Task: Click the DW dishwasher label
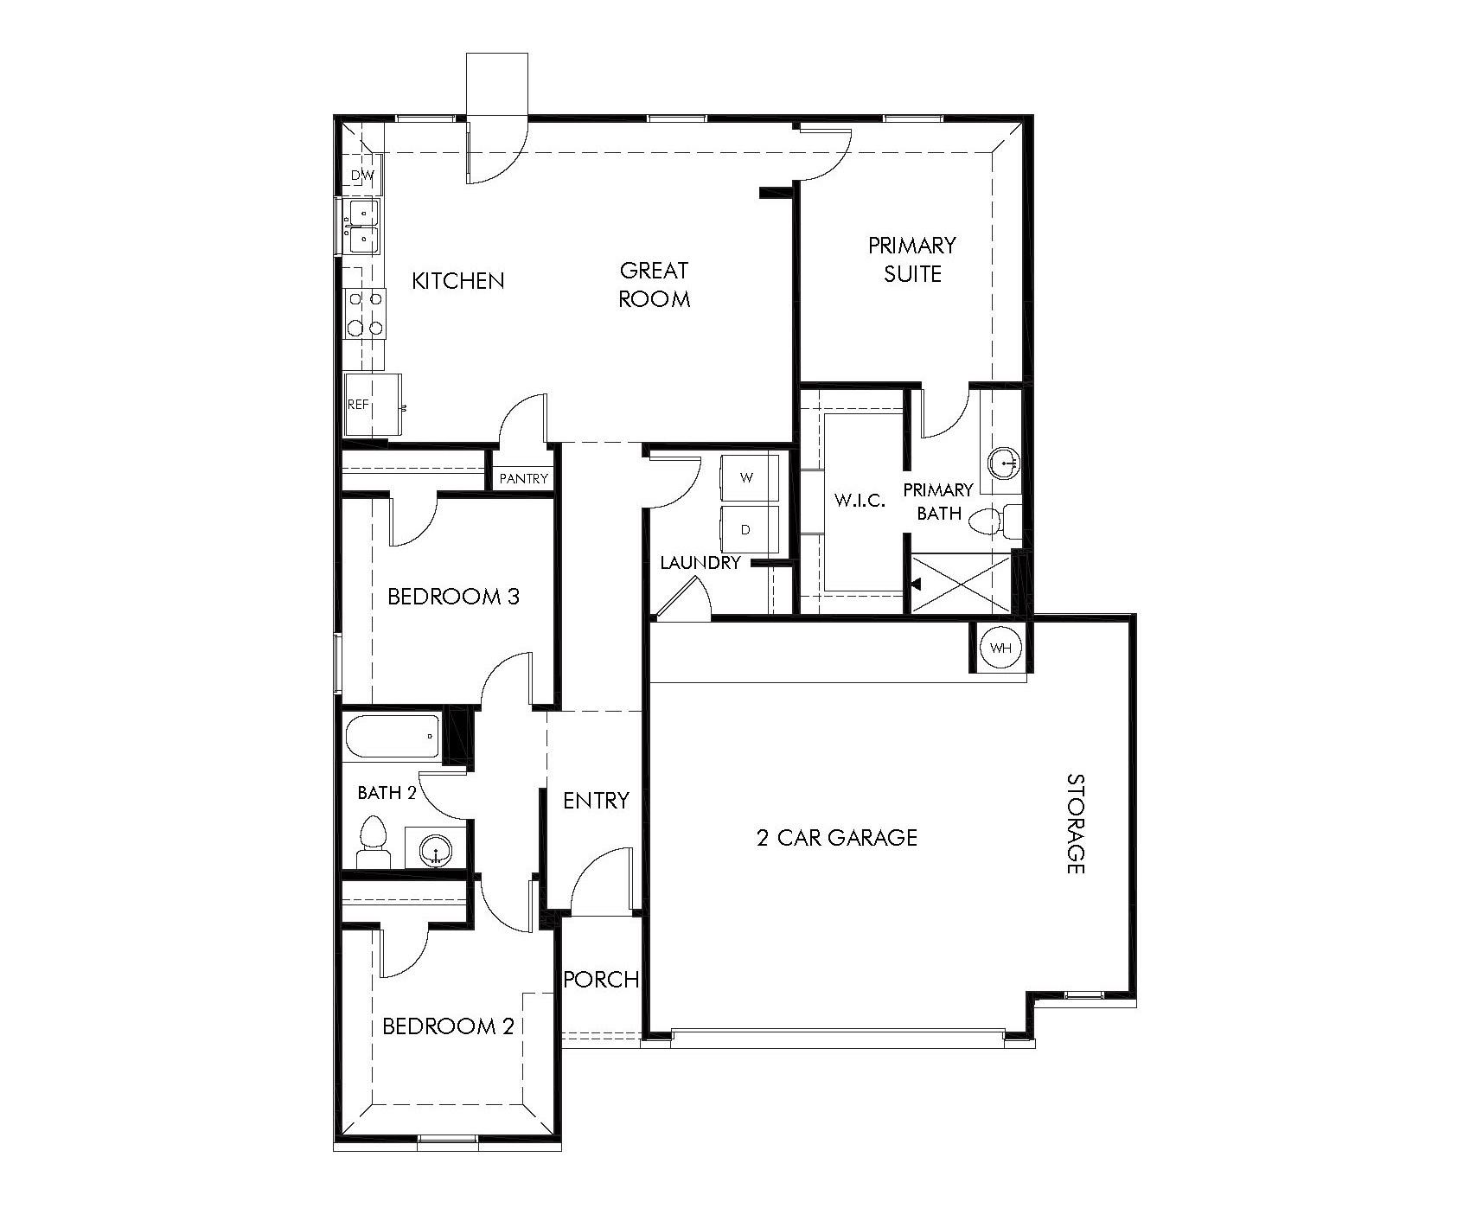[x=362, y=176]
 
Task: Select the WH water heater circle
[x=1000, y=648]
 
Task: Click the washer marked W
[x=748, y=476]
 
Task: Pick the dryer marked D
[x=748, y=529]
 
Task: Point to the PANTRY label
[x=523, y=478]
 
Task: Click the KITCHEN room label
[x=457, y=281]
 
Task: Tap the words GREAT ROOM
[x=655, y=284]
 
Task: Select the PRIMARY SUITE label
[x=912, y=259]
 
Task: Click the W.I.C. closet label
[x=860, y=501]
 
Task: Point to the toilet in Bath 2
[x=374, y=843]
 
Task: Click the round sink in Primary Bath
[x=1003, y=463]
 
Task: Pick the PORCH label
[x=601, y=980]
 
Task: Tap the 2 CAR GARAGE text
[x=837, y=837]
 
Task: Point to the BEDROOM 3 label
[x=453, y=597]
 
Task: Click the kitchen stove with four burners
[x=364, y=313]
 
